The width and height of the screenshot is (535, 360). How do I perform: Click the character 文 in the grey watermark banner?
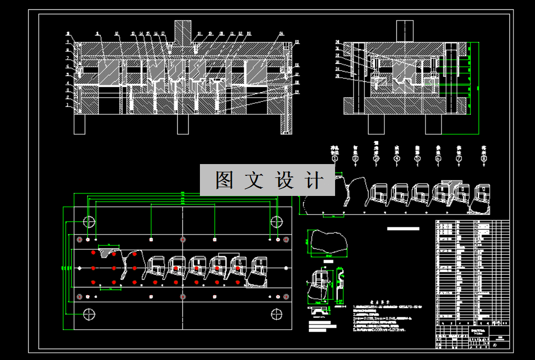[x=254, y=181]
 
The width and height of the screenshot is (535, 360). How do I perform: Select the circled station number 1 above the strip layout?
[x=335, y=159]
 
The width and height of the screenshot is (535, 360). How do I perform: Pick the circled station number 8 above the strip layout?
[x=484, y=159]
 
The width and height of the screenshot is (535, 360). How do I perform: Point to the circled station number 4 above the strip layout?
[x=396, y=159]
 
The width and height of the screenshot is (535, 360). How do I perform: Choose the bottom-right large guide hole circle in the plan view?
[x=276, y=313]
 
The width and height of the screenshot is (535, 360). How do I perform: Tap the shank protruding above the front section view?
[x=183, y=31]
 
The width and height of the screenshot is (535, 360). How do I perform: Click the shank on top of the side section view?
[x=405, y=30]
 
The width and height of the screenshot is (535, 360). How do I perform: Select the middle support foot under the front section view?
[x=182, y=124]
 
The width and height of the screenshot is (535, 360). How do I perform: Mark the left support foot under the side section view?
[x=376, y=124]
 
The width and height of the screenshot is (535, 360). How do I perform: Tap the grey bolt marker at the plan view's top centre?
[x=182, y=240]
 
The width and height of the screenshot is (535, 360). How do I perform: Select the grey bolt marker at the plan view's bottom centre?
[x=182, y=296]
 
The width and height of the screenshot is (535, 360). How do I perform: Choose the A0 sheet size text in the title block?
[x=495, y=346]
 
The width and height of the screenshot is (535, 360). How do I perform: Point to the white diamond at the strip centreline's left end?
[x=78, y=268]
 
